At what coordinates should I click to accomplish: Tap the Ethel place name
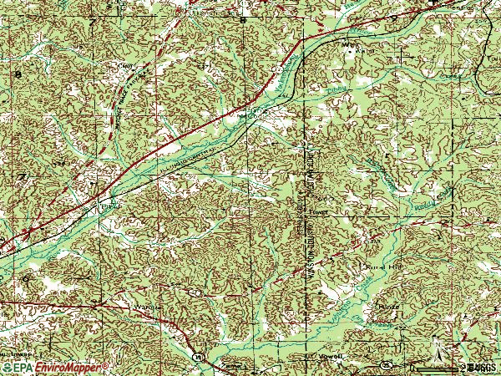(106, 203)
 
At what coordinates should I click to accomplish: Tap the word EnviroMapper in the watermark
(70, 367)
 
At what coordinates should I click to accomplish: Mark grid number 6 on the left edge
(25, 277)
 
